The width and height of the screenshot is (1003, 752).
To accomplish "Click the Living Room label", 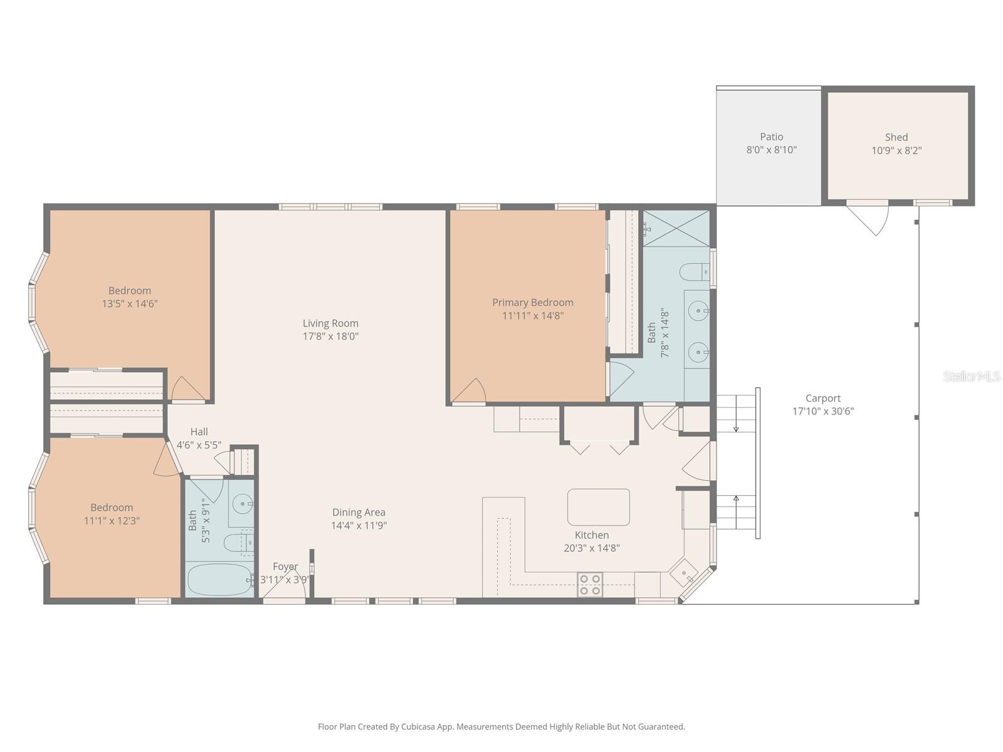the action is click(x=330, y=323).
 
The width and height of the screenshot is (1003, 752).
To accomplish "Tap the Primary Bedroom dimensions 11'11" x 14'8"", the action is click(x=533, y=315).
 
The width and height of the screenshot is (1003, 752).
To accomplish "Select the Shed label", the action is click(x=896, y=137).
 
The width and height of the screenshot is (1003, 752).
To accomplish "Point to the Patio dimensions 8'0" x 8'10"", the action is click(x=771, y=150).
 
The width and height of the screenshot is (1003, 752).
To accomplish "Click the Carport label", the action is click(x=823, y=398).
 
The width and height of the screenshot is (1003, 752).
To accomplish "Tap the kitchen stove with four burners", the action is click(x=590, y=585).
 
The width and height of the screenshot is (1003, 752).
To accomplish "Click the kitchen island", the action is click(x=598, y=507).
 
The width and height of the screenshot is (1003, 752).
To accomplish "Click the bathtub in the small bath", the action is click(x=220, y=580).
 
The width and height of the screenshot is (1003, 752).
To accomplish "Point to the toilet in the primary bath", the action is click(x=695, y=272).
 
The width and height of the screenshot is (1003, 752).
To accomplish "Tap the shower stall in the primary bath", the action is click(x=676, y=228).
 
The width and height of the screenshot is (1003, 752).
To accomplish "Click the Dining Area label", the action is click(x=359, y=512).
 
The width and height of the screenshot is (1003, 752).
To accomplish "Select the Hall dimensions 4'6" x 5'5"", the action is click(x=199, y=445).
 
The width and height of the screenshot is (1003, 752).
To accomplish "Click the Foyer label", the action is click(x=285, y=567).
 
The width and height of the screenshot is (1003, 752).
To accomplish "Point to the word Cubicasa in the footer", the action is click(x=417, y=727).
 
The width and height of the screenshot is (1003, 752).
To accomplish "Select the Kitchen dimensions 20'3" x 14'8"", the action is click(x=592, y=548).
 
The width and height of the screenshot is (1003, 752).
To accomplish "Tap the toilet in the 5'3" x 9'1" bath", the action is click(x=238, y=543).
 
